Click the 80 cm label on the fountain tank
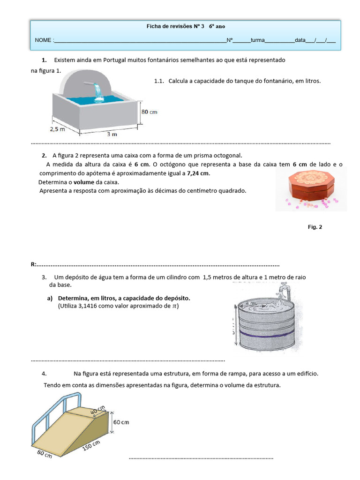point(150,112)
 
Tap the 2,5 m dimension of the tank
point(58,128)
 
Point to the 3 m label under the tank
point(112,134)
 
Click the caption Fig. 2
point(315,227)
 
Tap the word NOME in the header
point(44,40)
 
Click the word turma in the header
point(257,40)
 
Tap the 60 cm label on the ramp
point(121,422)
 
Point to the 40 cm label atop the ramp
point(98,411)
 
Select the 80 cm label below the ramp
point(45,454)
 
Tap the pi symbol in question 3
point(175,306)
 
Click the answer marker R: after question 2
point(34,264)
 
